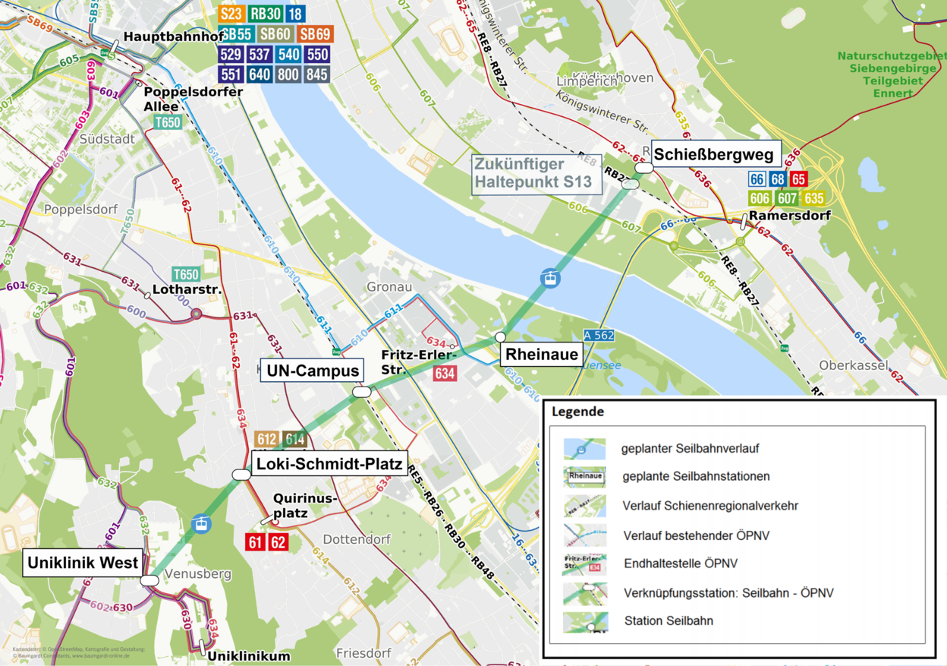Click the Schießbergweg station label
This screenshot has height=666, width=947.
point(713,156)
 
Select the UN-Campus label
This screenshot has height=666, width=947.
point(311,371)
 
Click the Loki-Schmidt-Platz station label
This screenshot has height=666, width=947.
point(317,465)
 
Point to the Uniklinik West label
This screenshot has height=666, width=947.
point(83,563)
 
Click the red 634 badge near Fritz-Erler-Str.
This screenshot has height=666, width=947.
point(445,374)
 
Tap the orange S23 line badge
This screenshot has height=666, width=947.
point(231,14)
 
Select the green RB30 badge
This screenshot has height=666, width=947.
point(266,14)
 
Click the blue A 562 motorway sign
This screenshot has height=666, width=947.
point(599,336)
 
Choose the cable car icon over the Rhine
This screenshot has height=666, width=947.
point(550,278)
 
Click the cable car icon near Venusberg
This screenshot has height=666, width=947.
point(201,523)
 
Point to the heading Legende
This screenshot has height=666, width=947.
point(577,412)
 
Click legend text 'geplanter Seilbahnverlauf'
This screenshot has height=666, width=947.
point(690,449)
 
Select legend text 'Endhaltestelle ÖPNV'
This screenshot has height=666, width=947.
point(680,564)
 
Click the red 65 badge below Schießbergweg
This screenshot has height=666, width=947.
point(798,179)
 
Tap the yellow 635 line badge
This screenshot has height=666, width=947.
point(813,199)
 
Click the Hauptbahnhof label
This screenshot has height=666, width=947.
point(173,36)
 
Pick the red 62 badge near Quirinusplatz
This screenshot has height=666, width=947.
point(278,542)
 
